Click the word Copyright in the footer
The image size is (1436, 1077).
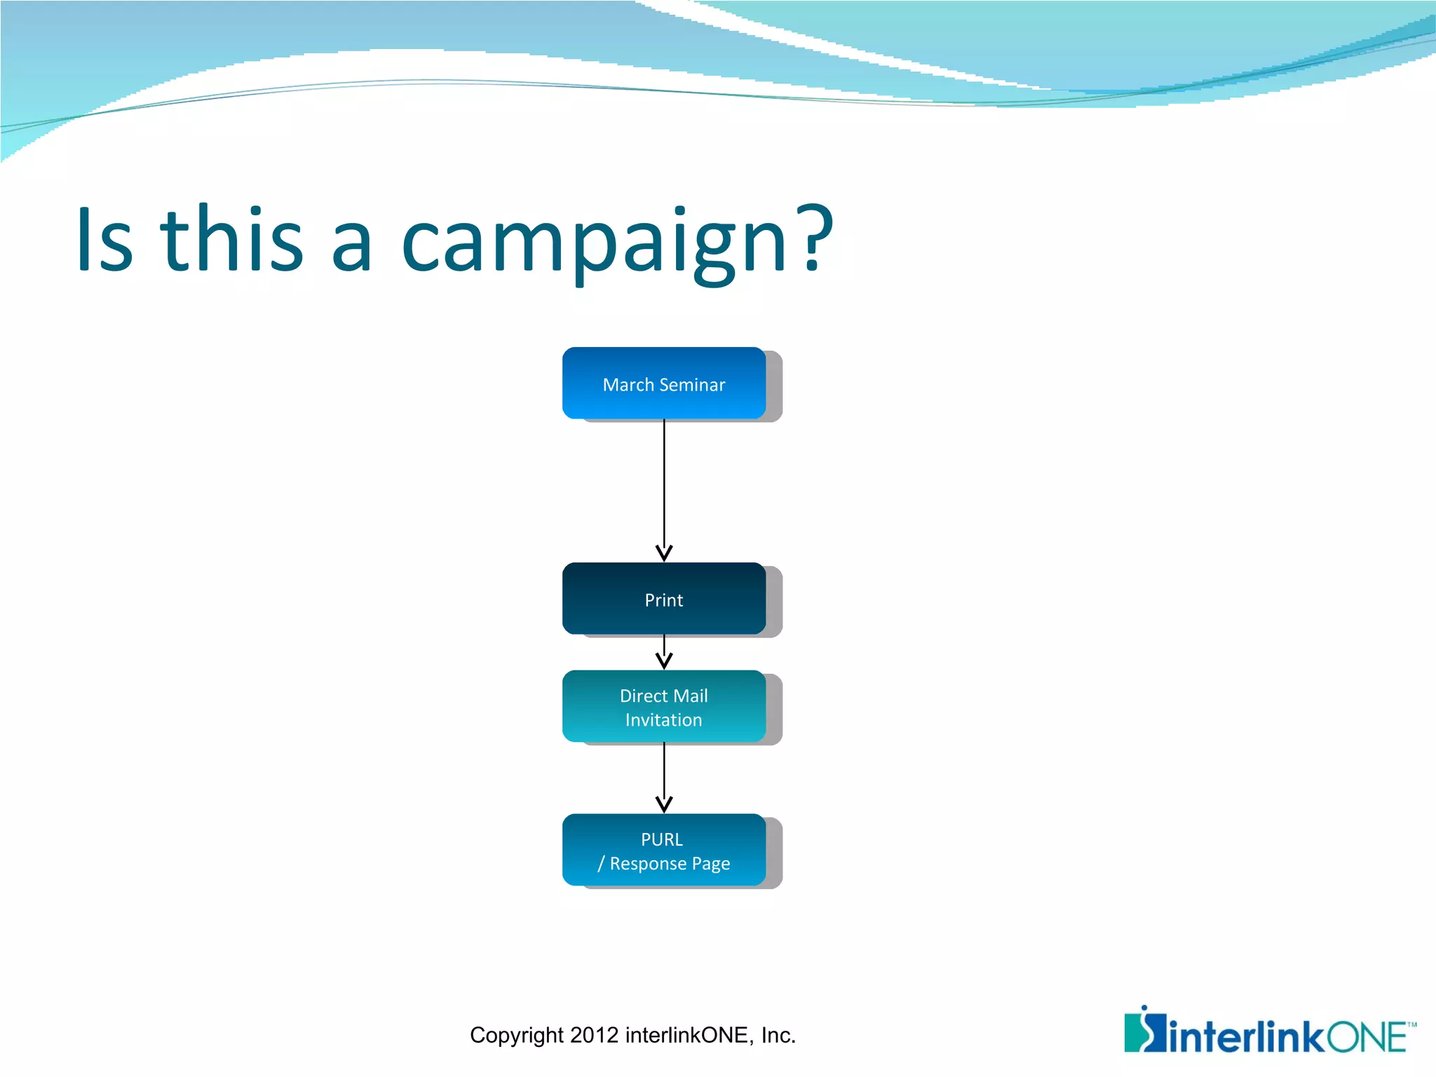pos(516,1035)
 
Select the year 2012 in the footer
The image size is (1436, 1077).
pos(594,1035)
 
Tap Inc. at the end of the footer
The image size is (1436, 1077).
pos(778,1035)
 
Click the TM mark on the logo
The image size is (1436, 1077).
pos(1411,1024)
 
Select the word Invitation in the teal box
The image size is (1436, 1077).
pos(663,720)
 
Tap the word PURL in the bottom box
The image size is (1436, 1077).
pos(661,839)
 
